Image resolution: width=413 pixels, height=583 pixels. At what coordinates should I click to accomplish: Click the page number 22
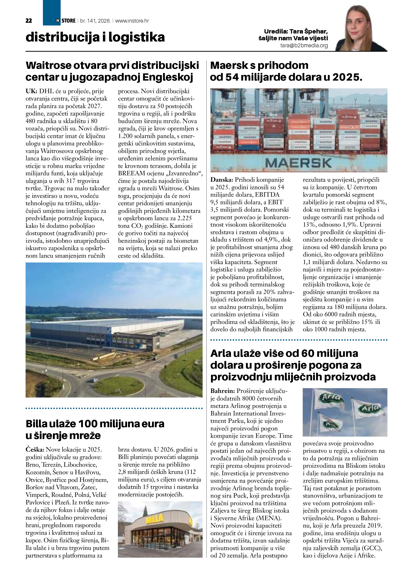pyautogui.click(x=29, y=21)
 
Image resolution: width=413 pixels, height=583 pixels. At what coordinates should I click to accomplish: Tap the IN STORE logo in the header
pyautogui.click(x=66, y=21)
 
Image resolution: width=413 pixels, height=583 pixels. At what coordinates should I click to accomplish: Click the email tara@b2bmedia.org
pyautogui.click(x=304, y=46)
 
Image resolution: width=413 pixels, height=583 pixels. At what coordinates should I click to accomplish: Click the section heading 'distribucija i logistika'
pyautogui.click(x=95, y=37)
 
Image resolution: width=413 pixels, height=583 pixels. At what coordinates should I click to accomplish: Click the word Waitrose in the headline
pyautogui.click(x=48, y=65)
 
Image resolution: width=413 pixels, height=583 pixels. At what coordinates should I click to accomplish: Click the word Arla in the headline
pyautogui.click(x=221, y=353)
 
